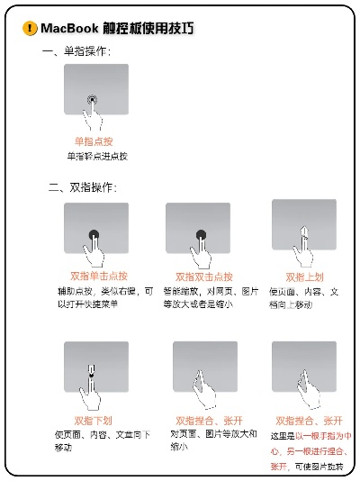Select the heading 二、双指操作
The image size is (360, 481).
pos(82,188)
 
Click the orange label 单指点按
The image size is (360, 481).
pos(94,141)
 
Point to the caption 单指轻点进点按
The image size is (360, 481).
pos(97,156)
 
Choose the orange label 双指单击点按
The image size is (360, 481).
pos(98,277)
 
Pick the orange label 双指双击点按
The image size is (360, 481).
pos(203,277)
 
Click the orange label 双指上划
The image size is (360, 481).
pos(303,277)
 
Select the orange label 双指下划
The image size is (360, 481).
pos(93,420)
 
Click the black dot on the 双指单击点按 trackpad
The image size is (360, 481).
pos(94,235)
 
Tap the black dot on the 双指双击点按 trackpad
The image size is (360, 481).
pos(201,236)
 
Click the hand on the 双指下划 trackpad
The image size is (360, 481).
pos(92,383)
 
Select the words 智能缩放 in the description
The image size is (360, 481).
pos(180,291)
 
